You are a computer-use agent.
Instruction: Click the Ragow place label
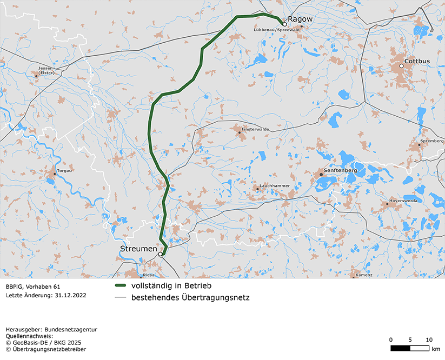pyautogui.click(x=300, y=19)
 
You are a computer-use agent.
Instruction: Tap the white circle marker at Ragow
pyautogui.click(x=285, y=24)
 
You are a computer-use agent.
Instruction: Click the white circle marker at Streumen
pyautogui.click(x=160, y=254)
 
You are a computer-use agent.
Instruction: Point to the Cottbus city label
pyautogui.click(x=417, y=61)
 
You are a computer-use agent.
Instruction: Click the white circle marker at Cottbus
pyautogui.click(x=402, y=66)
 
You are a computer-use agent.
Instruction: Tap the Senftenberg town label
pyautogui.click(x=341, y=170)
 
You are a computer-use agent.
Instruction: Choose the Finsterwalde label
pyautogui.click(x=255, y=130)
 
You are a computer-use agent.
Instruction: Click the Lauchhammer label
pyautogui.click(x=275, y=185)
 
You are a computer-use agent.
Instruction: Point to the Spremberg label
pyautogui.click(x=431, y=142)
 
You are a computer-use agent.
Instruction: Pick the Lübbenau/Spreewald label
pyautogui.click(x=276, y=30)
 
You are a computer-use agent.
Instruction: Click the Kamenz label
pyautogui.click(x=364, y=275)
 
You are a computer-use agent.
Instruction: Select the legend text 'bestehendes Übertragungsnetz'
pyautogui.click(x=190, y=297)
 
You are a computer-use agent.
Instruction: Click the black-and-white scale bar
pyautogui.click(x=410, y=348)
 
